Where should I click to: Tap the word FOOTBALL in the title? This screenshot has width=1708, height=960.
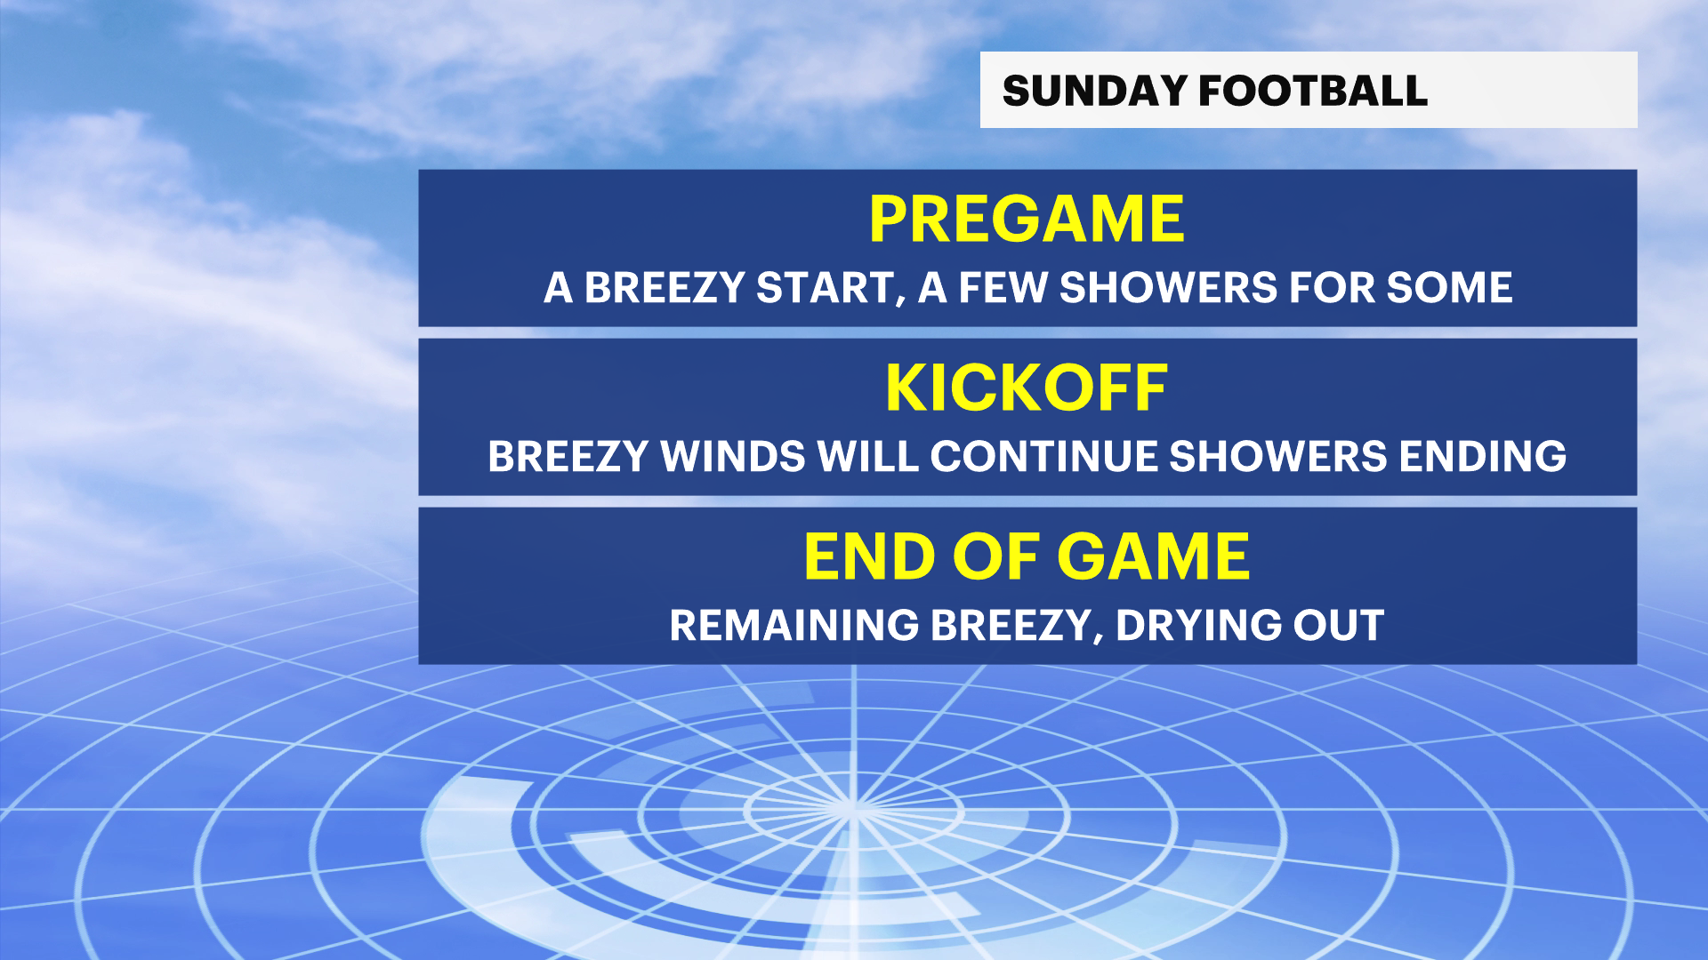click(1313, 91)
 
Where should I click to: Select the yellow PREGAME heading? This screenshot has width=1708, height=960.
click(1027, 219)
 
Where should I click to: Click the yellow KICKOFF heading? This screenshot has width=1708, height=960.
click(1027, 388)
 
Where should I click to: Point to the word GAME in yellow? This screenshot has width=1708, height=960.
click(1154, 556)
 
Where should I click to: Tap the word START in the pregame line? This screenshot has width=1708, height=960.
click(826, 288)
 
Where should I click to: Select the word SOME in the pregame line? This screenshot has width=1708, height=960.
click(1449, 287)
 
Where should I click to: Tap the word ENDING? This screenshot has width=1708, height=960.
click(1482, 456)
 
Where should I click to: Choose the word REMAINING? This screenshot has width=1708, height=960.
click(794, 625)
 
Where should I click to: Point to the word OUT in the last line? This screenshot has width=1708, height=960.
click(1339, 625)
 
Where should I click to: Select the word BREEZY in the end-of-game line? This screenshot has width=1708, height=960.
click(1011, 626)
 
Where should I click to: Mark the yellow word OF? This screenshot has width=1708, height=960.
click(996, 556)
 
